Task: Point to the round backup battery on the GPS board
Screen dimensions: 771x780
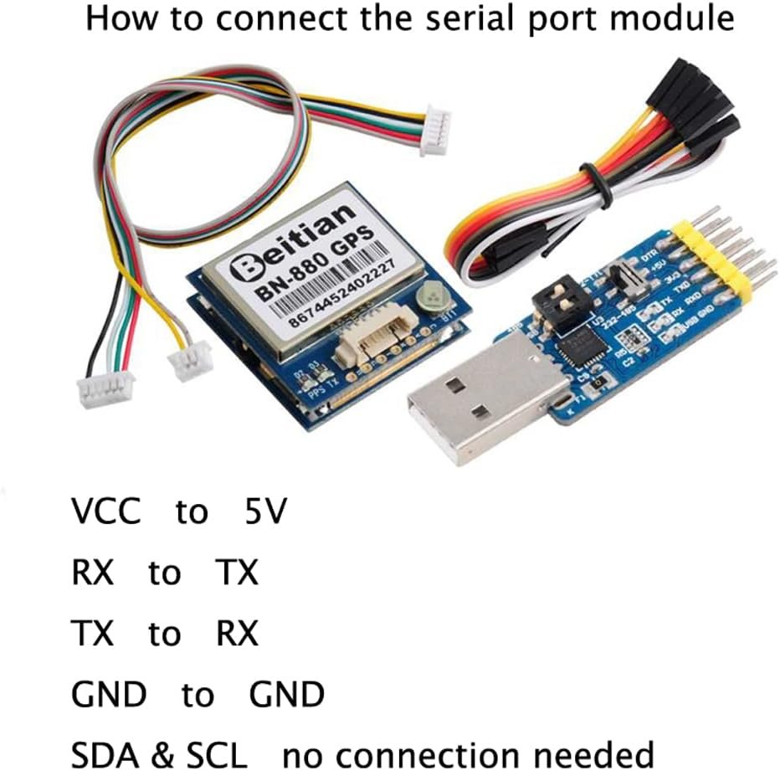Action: tap(435, 296)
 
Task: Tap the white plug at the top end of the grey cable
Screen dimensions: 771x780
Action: tap(435, 135)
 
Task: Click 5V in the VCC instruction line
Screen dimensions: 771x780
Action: tap(265, 511)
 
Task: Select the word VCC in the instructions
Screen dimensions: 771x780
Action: tap(105, 511)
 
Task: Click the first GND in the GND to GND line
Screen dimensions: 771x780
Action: tap(109, 695)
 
